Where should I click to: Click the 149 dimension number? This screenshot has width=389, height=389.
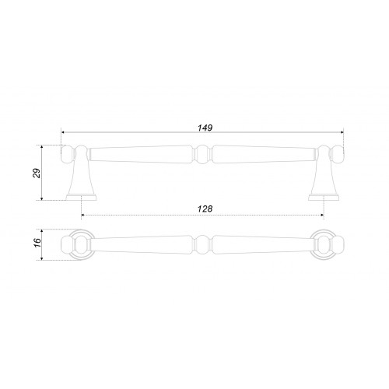pyautogui.click(x=205, y=128)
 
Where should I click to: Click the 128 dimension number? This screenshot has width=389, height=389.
pyautogui.click(x=205, y=209)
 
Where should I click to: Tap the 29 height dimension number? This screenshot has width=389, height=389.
pyautogui.click(x=37, y=173)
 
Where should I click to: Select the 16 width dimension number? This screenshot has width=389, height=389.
pyautogui.click(x=37, y=243)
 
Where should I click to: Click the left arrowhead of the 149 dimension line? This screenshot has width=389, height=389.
pyautogui.click(x=63, y=132)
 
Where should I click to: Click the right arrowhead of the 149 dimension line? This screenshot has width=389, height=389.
pyautogui.click(x=342, y=132)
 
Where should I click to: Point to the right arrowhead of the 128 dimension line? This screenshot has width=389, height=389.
pyautogui.click(x=322, y=215)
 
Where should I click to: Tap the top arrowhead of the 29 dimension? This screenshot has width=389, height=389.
pyautogui.click(x=42, y=147)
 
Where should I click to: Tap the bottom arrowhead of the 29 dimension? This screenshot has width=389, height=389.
pyautogui.click(x=42, y=198)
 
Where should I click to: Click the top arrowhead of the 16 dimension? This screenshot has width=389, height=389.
pyautogui.click(x=42, y=231)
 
